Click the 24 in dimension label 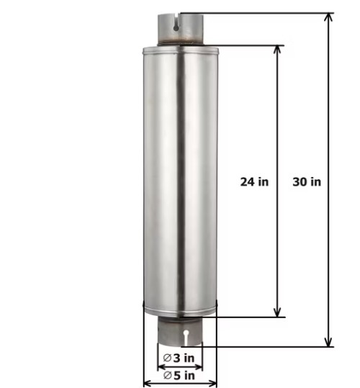coord(254,181)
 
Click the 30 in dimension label coord(307,181)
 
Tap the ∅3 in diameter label coord(179,358)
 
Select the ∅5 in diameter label coord(179,374)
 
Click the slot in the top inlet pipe coord(176,24)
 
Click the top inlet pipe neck coord(179,32)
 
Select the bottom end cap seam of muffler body coord(180,313)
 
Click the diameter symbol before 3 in coord(167,358)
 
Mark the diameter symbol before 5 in coord(167,374)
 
